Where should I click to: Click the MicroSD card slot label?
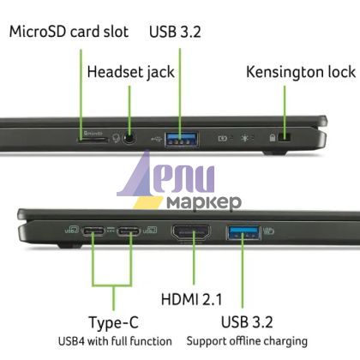[69, 32]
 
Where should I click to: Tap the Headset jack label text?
[130, 72]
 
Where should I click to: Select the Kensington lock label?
[301, 72]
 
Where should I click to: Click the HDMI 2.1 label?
[191, 299]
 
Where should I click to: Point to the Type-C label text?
[114, 323]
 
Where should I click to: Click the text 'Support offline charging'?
[247, 341]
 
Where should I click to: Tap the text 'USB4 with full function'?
[115, 341]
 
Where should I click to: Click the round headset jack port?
[129, 138]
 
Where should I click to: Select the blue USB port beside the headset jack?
[182, 139]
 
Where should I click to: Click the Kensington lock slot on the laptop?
[285, 137]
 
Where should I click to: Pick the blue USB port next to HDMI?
[243, 232]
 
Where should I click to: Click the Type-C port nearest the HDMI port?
[129, 231]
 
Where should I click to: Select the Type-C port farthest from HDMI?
[93, 231]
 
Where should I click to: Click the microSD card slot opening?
[93, 140]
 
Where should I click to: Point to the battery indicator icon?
[223, 139]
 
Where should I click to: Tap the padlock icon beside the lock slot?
[273, 138]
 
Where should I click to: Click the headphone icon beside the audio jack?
[116, 139]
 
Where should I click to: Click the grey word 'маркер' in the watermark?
[204, 202]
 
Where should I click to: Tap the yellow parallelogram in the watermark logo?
[148, 202]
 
